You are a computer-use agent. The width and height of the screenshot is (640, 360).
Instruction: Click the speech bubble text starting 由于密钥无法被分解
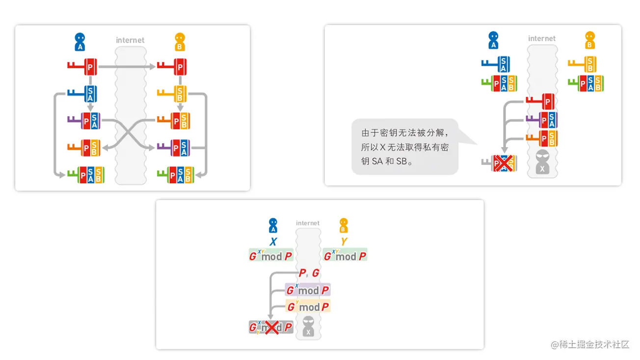coord(405,147)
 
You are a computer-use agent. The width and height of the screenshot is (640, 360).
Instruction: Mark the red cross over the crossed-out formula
coord(271,327)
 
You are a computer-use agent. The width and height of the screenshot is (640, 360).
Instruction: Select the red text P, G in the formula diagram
coord(309,273)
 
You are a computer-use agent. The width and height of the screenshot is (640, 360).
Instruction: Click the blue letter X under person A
coord(273,242)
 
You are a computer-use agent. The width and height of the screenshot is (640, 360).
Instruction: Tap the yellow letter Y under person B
coord(344,242)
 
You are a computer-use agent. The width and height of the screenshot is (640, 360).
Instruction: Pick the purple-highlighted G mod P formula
coord(308,290)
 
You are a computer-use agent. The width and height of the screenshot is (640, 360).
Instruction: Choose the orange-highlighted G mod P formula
coord(308,307)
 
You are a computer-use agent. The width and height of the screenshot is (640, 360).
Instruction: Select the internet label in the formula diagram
coord(308,223)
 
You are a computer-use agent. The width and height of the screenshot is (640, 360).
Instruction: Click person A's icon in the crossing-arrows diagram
coord(80,42)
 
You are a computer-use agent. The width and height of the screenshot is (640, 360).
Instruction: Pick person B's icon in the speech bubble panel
coord(589,40)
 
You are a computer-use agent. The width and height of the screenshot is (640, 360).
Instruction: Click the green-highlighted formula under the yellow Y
coord(345,256)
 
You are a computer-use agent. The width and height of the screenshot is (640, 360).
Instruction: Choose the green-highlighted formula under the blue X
coord(271,256)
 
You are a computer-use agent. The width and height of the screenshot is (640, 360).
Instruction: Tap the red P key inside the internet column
coord(541,102)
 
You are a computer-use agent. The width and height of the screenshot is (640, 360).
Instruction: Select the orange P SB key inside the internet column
coord(541,139)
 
